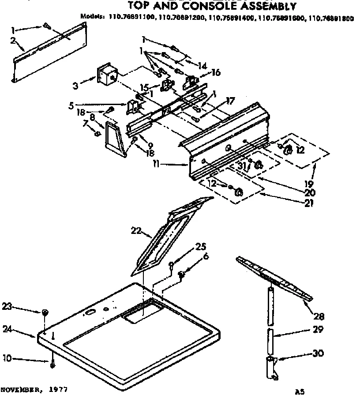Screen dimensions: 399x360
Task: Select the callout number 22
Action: point(137,230)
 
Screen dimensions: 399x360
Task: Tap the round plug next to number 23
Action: point(45,312)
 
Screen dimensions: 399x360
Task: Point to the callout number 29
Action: point(318,329)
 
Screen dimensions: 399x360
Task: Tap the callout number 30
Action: point(318,353)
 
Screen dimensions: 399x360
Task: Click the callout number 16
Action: point(216,72)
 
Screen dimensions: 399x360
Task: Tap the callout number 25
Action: point(201,247)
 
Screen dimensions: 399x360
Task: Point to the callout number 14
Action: point(202,66)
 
